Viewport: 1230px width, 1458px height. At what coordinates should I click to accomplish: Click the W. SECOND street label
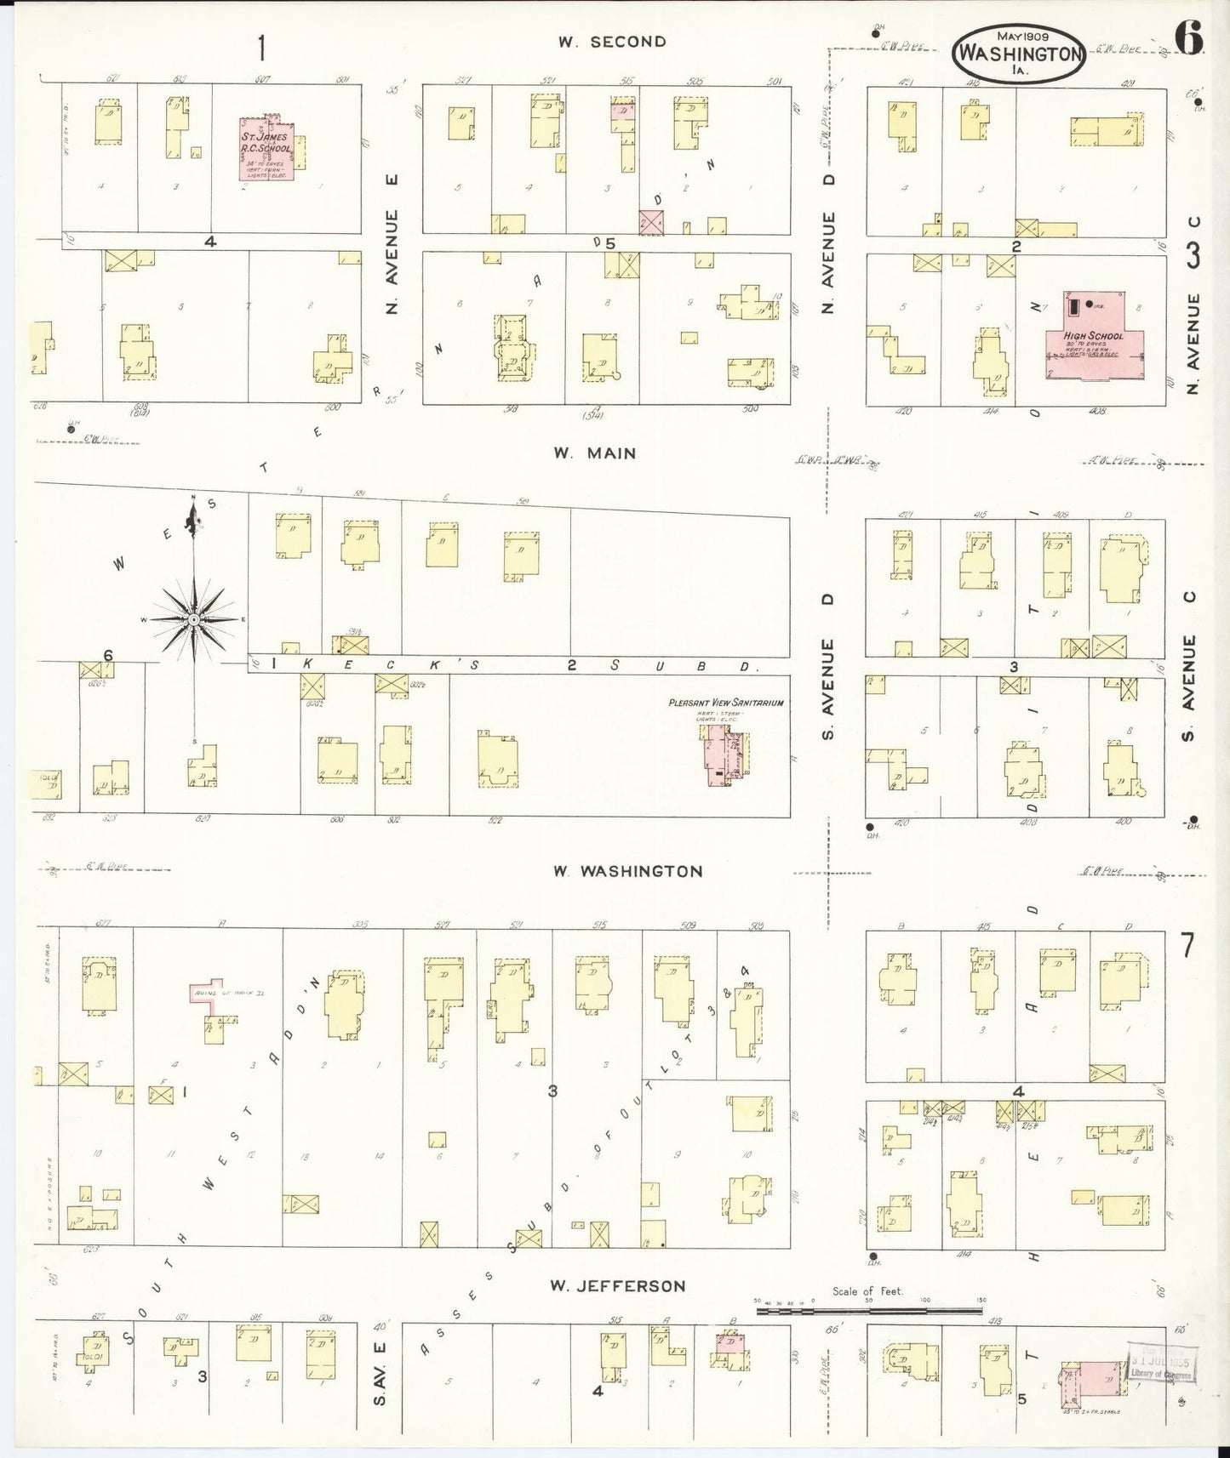(x=611, y=42)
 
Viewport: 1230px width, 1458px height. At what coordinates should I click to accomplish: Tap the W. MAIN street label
(x=594, y=453)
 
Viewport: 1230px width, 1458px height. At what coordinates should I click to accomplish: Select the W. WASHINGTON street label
(x=627, y=871)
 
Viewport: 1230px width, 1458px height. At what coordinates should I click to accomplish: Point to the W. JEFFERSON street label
(x=617, y=1286)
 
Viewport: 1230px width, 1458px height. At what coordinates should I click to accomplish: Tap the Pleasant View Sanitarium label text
(x=725, y=703)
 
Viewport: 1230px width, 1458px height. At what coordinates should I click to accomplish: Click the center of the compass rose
(x=194, y=620)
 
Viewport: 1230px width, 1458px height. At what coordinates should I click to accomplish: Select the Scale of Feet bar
(x=868, y=1311)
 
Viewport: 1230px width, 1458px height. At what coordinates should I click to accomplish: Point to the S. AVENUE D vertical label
(x=827, y=667)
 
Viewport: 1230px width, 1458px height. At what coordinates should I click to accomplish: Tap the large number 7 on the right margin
(x=1187, y=945)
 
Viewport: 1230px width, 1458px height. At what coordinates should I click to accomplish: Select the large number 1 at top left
(x=261, y=48)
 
